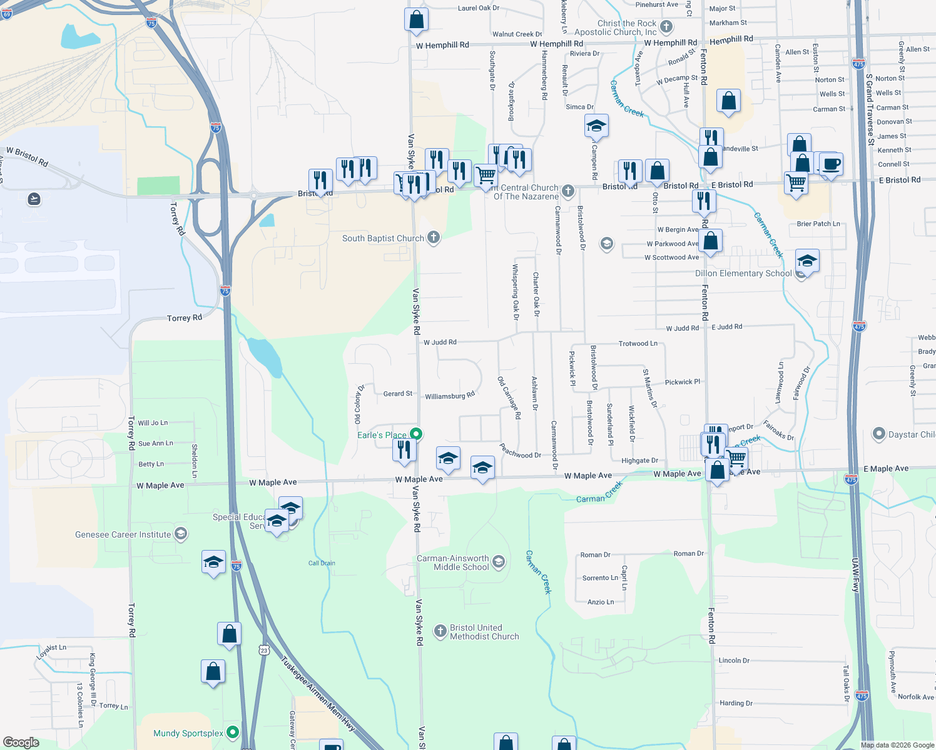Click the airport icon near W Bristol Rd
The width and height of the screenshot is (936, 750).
34,199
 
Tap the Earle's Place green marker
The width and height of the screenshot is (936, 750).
416,434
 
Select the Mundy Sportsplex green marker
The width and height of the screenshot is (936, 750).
233,732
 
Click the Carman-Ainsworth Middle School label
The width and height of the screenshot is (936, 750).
461,562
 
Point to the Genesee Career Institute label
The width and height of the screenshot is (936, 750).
123,534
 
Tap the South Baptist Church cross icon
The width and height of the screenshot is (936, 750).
434,237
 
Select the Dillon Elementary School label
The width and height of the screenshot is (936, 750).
743,273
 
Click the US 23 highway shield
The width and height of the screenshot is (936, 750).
264,650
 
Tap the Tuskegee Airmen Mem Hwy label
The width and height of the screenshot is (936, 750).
318,694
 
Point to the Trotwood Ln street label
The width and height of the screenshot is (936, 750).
638,344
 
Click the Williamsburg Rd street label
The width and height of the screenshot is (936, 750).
450,396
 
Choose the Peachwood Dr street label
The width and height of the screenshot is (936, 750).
521,451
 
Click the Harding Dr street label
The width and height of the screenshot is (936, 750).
736,703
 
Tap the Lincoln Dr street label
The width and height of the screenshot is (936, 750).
734,661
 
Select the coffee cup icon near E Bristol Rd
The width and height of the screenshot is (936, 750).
831,164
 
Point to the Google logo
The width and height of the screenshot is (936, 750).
21,742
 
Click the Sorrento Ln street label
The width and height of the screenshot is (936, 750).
600,578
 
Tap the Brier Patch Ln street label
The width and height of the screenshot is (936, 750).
818,224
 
